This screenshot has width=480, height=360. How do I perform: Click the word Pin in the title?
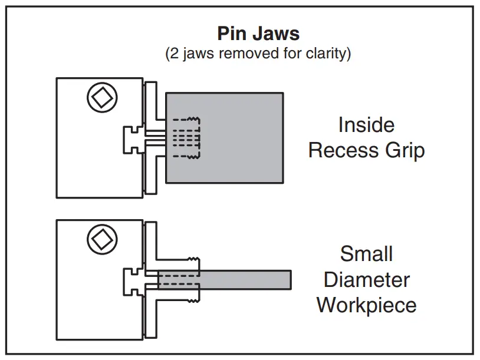pyautogui.click(x=231, y=33)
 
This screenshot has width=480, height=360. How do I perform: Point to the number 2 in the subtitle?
pyautogui.click(x=174, y=54)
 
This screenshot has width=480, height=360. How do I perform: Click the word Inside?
pyautogui.click(x=366, y=125)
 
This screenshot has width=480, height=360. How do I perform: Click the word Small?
pyautogui.click(x=366, y=254)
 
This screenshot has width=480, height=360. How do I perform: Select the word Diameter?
pyautogui.click(x=366, y=279)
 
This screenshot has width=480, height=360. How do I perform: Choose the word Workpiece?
pyautogui.click(x=366, y=305)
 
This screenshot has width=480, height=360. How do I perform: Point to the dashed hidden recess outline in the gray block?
pyautogui.click(x=186, y=137)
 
